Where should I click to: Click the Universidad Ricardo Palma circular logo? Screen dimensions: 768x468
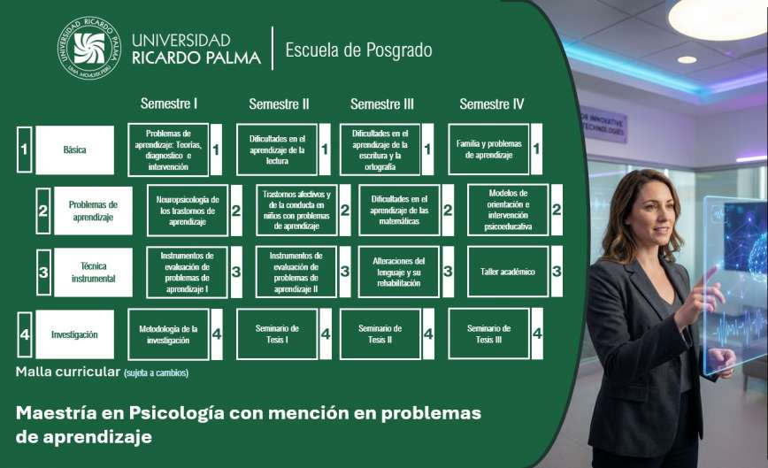(89, 48)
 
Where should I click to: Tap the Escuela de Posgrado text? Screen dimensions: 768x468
(358, 50)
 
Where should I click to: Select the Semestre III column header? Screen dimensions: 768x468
(382, 104)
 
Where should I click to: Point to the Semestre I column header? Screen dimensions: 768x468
(169, 104)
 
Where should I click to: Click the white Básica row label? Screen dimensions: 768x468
(74, 150)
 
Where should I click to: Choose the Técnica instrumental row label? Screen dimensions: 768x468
(93, 272)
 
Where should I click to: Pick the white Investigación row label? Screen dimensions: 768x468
(74, 334)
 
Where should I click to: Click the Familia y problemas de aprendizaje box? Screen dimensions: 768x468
(488, 150)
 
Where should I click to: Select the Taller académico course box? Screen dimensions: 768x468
(508, 272)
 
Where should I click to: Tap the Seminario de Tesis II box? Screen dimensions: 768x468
(380, 334)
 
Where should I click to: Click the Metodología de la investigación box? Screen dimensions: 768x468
(168, 334)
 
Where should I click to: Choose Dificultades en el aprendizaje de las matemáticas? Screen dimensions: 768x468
(399, 210)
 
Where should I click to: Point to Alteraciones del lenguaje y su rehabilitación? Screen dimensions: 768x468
(399, 272)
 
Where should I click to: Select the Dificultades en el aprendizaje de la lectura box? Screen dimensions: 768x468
(277, 150)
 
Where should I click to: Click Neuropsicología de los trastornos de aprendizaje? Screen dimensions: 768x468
(188, 211)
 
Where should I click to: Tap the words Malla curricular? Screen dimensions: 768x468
(68, 372)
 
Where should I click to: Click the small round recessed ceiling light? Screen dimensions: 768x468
(687, 60)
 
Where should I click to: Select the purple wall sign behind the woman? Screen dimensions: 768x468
(603, 124)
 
